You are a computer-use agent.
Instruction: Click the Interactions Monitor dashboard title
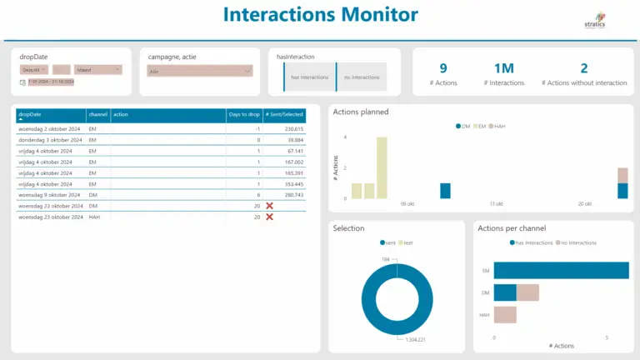321,15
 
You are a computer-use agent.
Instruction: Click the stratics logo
596,19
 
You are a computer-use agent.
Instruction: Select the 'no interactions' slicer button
362,77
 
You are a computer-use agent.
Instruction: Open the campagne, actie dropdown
199,72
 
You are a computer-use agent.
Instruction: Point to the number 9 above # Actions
442,68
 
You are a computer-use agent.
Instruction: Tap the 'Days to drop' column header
244,114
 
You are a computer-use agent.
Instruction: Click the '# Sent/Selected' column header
283,114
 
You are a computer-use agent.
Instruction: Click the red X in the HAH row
269,217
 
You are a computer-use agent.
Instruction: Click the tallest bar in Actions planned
382,167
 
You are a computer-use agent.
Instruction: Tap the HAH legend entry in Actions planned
497,126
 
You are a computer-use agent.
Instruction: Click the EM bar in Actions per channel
560,270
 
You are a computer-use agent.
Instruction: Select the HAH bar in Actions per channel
505,315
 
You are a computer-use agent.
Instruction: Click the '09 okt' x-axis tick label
407,203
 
